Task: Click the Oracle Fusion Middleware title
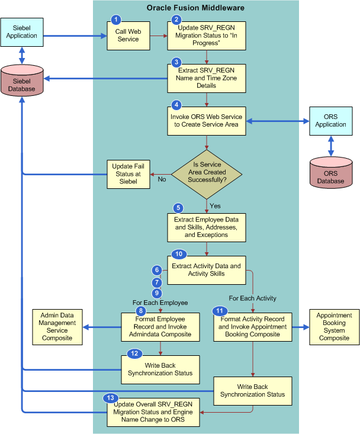click(x=195, y=8)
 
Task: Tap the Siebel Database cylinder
click(x=22, y=81)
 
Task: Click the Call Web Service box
click(x=127, y=36)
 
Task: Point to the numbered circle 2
click(x=176, y=20)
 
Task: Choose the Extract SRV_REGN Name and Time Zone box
click(x=206, y=78)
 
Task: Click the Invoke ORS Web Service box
click(x=206, y=121)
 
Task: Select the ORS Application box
click(x=330, y=121)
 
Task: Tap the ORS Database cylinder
click(x=330, y=173)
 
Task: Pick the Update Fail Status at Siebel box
click(x=127, y=175)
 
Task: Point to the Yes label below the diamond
click(x=215, y=205)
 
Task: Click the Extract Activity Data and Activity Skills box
click(x=206, y=270)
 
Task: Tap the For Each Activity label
click(x=253, y=298)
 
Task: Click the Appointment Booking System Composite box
click(x=334, y=327)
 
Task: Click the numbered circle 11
click(x=220, y=311)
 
